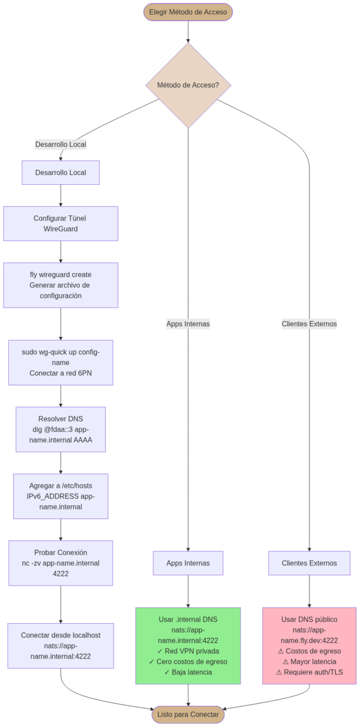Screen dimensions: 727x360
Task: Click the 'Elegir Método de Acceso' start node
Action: [188, 12]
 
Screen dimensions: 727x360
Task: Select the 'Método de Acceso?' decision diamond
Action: [188, 85]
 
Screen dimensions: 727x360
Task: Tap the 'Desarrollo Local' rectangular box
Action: [61, 173]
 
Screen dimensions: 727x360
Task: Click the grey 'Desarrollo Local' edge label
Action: [61, 145]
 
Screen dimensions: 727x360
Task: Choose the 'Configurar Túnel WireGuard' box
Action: [61, 223]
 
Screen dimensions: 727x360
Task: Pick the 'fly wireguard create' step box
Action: [61, 285]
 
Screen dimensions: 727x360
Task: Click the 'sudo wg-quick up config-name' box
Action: [61, 362]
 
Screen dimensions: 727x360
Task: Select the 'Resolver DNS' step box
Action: [61, 429]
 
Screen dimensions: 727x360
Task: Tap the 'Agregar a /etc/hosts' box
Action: [61, 496]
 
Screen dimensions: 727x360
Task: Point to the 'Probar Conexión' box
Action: [61, 563]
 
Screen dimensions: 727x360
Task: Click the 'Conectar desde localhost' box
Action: [61, 645]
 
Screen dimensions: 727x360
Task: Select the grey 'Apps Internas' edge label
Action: [188, 324]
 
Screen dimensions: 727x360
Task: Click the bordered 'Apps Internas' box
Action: [188, 563]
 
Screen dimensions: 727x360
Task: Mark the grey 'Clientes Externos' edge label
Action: [309, 324]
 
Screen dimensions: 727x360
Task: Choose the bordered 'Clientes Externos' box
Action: [309, 563]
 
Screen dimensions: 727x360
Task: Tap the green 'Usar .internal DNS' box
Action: [188, 645]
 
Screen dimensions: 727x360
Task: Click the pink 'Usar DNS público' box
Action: [309, 645]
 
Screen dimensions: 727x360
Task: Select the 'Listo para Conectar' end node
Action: [188, 714]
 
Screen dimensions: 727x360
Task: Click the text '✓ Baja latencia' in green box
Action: [188, 672]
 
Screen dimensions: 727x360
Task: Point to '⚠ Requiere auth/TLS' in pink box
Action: [309, 672]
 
